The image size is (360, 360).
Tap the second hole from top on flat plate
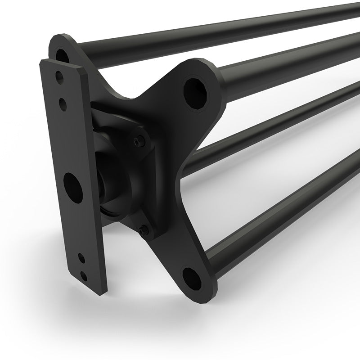tap(63, 104)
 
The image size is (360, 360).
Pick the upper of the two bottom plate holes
tap(81, 259)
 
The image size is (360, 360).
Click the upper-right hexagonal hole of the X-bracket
tap(196, 93)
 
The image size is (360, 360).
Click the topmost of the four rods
tap(225, 31)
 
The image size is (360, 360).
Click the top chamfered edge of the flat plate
tap(63, 63)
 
